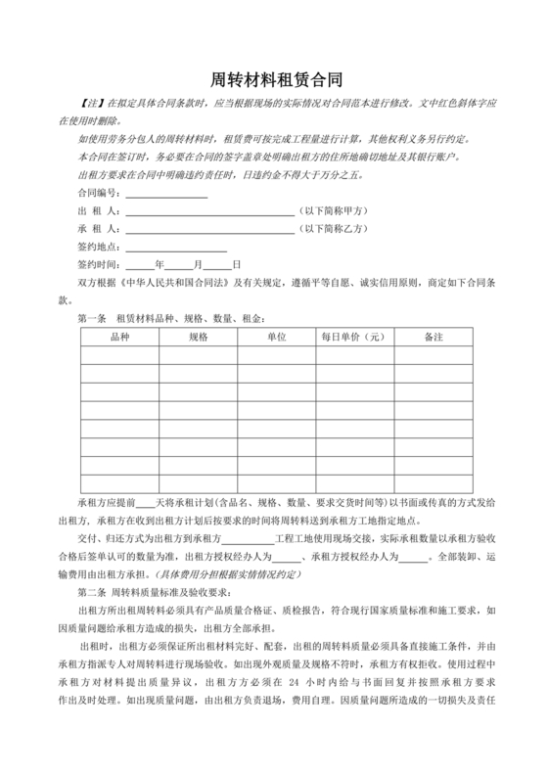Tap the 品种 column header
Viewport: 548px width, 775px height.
point(119,337)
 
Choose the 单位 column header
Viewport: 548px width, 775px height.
point(276,337)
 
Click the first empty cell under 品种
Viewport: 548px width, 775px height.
point(119,357)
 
